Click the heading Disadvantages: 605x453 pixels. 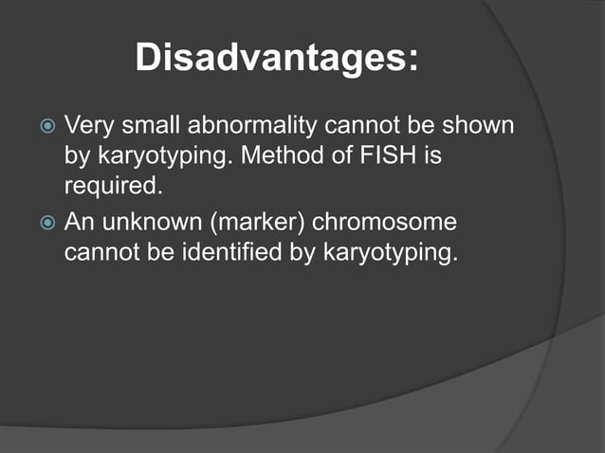click(x=277, y=58)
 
